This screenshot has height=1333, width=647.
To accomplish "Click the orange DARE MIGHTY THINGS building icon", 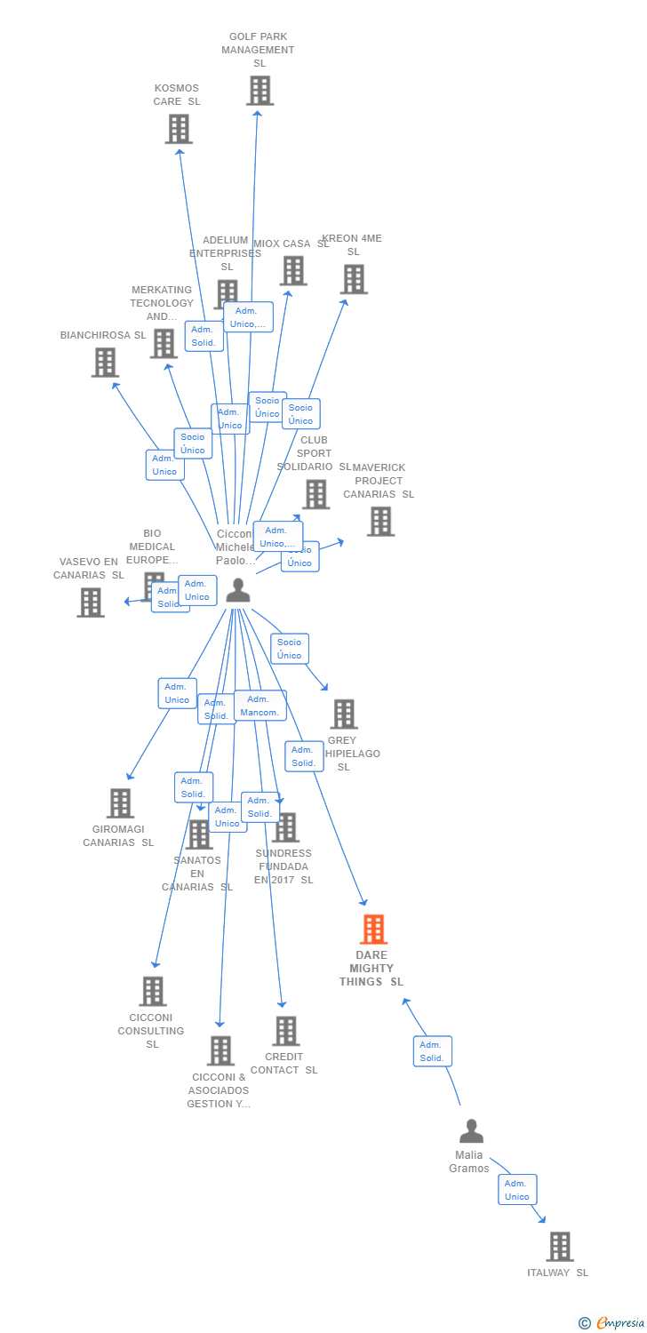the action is point(373,930).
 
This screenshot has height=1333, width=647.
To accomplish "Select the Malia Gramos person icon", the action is point(471,1131).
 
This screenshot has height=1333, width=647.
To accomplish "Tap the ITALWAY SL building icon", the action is point(559,1247).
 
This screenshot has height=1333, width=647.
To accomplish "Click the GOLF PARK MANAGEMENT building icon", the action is point(260,91).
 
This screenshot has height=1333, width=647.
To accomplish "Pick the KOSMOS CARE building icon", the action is point(179,129).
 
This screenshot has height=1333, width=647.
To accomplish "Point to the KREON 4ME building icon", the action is point(354,279).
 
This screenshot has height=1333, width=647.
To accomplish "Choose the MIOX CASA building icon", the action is point(293,271).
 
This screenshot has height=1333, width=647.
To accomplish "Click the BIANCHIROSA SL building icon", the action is point(105,363).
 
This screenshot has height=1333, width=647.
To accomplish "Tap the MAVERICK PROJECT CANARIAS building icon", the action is point(380,522).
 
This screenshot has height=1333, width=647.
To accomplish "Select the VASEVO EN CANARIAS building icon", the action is point(90,603).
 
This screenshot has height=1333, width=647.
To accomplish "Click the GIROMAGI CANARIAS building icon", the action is point(120,803).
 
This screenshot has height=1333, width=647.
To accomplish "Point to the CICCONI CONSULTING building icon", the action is point(152,991).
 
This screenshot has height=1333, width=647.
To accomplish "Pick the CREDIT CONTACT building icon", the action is point(285,1031).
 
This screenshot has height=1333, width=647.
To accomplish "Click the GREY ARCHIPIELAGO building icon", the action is point(343,714).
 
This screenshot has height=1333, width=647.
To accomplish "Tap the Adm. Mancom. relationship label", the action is point(260,706).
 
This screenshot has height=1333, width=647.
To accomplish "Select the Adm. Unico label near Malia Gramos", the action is point(517,1190).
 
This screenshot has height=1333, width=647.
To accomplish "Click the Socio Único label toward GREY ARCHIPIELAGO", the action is point(289,649).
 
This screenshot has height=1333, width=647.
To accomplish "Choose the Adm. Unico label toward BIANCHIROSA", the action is point(164,465).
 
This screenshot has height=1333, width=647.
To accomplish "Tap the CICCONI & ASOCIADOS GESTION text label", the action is point(218,1090).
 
